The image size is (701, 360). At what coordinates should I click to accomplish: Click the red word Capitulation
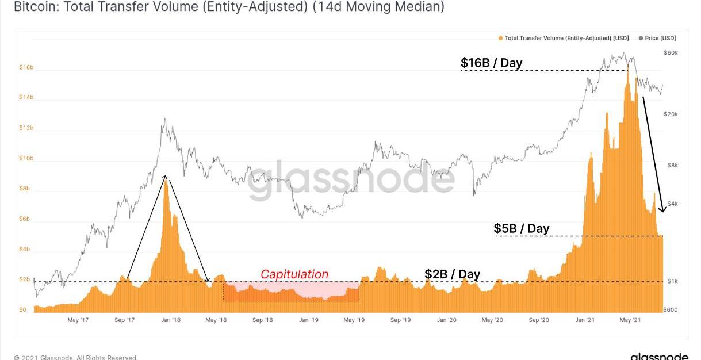pos(294,274)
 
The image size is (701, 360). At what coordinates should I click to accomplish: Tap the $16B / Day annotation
pos(491,63)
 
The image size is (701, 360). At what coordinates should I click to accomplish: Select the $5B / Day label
pos(522,228)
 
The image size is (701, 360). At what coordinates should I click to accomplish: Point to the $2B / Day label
pos(452,274)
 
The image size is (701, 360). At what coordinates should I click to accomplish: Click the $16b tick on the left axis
pos(26,68)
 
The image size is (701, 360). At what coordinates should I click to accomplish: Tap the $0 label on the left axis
pos(23,310)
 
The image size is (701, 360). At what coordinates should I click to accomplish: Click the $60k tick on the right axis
pos(671,53)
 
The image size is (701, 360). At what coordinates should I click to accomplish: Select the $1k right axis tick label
pos(672,281)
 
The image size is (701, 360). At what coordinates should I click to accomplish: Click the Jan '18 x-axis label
pos(171,320)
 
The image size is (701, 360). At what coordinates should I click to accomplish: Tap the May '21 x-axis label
pos(631,320)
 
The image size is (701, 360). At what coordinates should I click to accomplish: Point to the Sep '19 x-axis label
pos(400,320)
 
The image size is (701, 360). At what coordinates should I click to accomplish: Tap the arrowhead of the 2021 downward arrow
pos(662,209)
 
